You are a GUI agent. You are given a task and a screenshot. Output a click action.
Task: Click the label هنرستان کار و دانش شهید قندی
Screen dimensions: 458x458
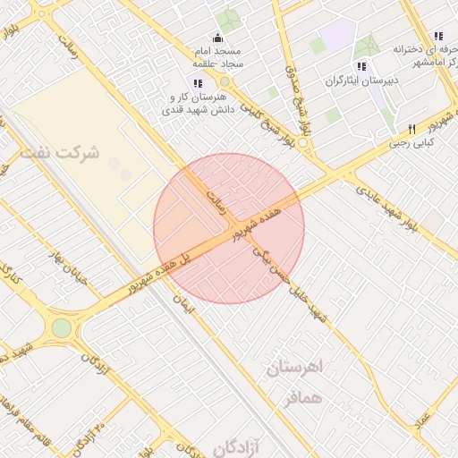tap(197, 103)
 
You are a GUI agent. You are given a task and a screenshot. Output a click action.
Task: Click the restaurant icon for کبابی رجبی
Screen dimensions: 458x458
tap(412, 128)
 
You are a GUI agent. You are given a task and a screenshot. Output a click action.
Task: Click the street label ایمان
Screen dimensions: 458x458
tap(182, 302)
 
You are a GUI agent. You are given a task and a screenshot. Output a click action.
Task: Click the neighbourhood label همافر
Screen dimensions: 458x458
tap(301, 397)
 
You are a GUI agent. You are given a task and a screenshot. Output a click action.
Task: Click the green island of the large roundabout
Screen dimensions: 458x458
tap(61, 328)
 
